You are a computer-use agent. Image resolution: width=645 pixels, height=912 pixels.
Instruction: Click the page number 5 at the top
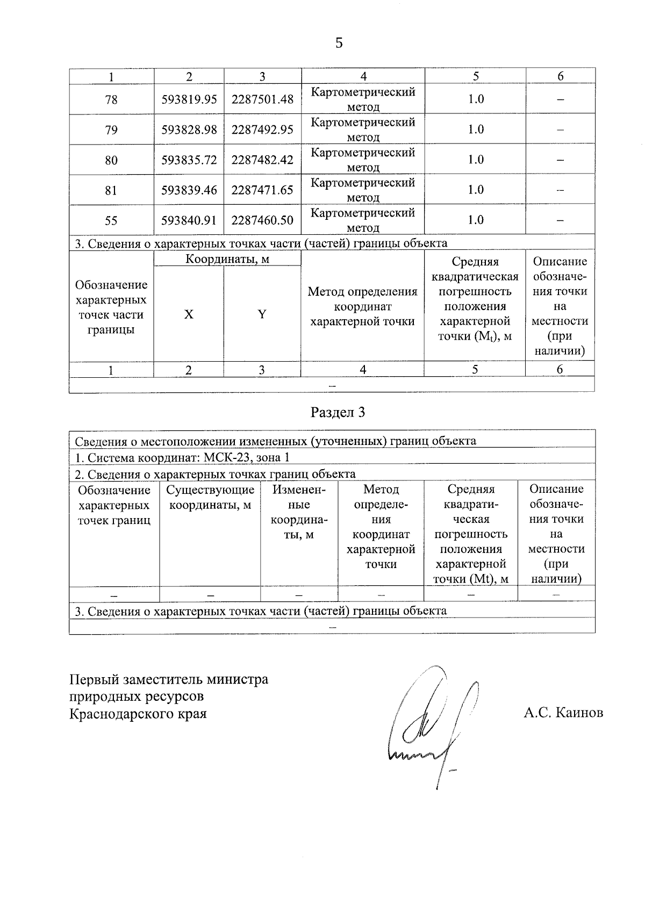click(339, 43)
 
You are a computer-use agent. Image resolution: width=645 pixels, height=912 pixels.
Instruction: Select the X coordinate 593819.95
click(189, 99)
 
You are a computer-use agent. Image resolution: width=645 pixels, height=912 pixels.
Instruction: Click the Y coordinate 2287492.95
click(262, 130)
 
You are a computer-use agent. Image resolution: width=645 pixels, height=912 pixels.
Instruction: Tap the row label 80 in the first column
click(111, 160)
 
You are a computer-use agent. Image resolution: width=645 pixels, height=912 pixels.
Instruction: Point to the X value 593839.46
click(189, 190)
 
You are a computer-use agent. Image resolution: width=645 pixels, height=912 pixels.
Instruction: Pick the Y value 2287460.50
click(262, 220)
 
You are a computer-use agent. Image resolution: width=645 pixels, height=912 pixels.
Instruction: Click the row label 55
click(111, 220)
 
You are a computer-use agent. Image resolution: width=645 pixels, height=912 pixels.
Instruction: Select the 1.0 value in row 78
click(476, 99)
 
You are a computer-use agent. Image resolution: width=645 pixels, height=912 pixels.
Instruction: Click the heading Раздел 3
click(338, 412)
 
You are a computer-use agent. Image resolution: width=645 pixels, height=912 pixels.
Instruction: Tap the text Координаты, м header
click(227, 259)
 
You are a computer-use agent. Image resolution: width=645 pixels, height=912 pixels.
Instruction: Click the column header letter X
click(189, 314)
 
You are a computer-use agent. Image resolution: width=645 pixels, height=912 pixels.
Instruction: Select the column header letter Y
click(262, 314)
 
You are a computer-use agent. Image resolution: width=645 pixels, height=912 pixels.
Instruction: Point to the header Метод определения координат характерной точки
click(362, 306)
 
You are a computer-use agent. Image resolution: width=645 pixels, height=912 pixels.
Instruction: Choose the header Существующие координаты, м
click(210, 498)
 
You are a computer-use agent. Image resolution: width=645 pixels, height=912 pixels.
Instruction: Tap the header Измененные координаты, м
click(299, 512)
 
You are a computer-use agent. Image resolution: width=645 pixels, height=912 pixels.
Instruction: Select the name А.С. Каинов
click(563, 713)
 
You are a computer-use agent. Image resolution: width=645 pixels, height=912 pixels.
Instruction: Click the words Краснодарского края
click(138, 714)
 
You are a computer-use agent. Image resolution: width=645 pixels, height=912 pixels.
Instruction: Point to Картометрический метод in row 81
click(363, 190)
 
